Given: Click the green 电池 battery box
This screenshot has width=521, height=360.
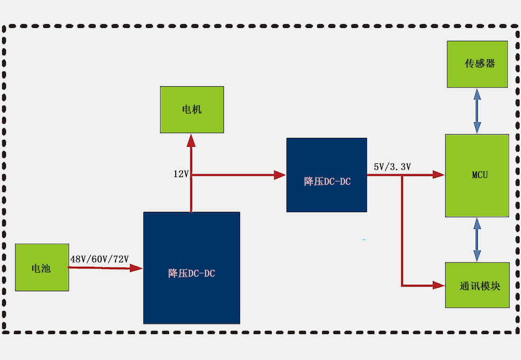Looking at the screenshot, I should point(42,267).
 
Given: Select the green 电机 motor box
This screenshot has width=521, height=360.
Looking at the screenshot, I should point(192,109).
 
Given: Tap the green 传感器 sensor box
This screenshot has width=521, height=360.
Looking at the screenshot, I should point(477,64).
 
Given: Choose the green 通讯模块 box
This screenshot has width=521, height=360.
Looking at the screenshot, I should point(477,285).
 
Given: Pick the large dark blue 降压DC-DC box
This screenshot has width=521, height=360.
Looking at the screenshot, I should point(191,268).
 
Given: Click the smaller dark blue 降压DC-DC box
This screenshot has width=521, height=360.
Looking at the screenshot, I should point(326,175).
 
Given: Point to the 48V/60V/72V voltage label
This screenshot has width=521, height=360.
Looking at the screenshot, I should point(99,259).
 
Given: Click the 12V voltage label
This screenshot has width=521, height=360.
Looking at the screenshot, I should point(181,174).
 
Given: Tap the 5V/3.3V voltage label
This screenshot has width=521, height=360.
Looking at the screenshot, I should point(392,167).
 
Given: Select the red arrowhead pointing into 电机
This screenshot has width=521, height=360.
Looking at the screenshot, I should point(191,140).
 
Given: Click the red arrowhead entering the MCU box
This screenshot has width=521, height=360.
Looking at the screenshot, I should point(438,175).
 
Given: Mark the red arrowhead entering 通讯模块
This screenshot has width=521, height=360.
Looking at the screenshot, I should point(439,285).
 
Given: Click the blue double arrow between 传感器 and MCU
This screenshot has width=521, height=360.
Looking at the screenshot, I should point(477,111).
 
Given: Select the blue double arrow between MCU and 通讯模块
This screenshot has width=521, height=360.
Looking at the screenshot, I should point(477,240).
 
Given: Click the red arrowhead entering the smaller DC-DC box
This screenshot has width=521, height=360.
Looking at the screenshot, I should point(280,175).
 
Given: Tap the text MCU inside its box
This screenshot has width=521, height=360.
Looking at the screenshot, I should point(480,175).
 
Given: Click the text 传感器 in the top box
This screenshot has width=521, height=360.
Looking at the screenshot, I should point(479,63).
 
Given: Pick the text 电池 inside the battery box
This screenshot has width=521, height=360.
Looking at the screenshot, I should point(41,269).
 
